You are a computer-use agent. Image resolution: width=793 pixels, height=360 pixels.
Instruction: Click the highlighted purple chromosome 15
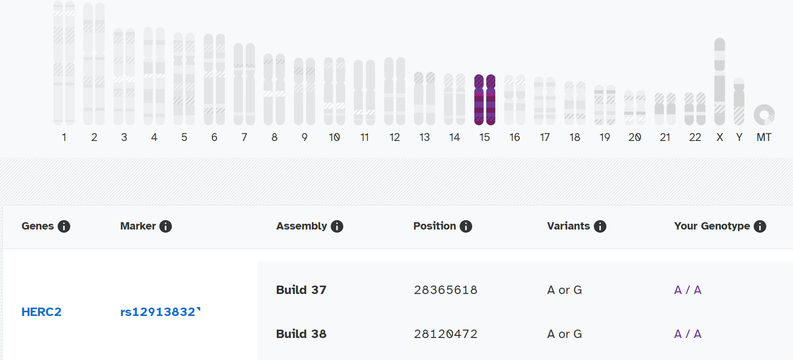click(485, 100)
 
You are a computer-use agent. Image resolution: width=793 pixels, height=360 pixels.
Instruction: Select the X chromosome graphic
click(720, 81)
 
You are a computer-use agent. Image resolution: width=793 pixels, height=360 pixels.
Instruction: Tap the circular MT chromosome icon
click(764, 115)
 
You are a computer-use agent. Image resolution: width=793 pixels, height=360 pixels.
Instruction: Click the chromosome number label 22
click(695, 137)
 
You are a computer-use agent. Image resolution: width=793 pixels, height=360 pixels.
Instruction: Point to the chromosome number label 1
click(64, 137)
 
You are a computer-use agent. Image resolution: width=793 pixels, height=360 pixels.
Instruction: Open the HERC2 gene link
click(41, 312)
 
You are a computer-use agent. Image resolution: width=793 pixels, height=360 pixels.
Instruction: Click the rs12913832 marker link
click(159, 312)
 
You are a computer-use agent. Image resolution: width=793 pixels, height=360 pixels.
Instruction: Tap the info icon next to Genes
click(64, 226)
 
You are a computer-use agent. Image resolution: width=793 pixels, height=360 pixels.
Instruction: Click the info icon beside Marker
click(166, 226)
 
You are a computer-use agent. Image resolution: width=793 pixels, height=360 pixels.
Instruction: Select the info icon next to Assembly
click(337, 226)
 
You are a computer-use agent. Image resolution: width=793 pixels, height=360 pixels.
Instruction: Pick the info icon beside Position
click(466, 226)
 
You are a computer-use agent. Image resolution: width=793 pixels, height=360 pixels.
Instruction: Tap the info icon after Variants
click(600, 226)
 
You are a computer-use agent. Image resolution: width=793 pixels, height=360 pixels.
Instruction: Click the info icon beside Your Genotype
click(760, 226)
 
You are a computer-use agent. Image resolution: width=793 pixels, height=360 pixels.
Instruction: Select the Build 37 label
click(301, 290)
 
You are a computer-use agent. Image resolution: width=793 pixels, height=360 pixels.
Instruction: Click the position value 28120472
click(446, 334)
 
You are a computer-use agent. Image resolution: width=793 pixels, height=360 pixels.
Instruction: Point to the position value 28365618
click(446, 290)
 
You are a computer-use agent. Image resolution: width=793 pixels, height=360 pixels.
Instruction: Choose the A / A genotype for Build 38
click(688, 334)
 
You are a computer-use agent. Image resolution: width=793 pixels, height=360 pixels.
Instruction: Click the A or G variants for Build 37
click(564, 290)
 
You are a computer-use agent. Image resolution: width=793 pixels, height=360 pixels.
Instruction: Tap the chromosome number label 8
click(274, 137)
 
